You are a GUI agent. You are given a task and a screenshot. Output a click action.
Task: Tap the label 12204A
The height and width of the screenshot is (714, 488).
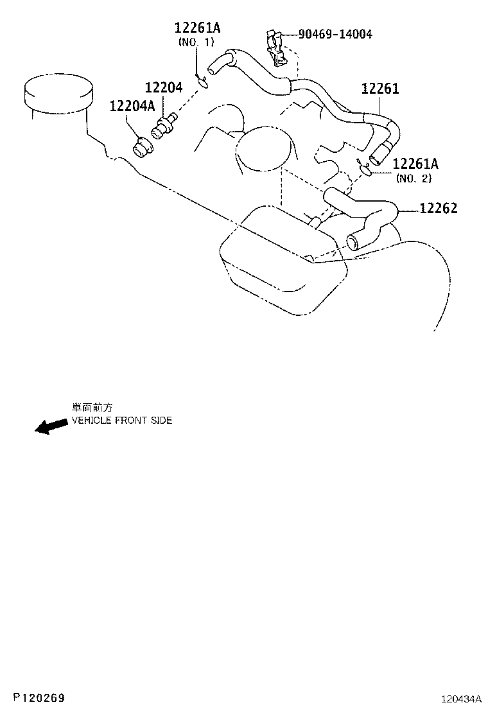click(x=132, y=106)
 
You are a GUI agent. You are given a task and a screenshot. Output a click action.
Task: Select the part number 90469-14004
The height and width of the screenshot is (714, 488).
click(x=335, y=34)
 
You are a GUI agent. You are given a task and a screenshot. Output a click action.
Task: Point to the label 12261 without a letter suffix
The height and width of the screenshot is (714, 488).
click(x=380, y=88)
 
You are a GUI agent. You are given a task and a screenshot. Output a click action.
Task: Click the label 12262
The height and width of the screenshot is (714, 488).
click(x=439, y=208)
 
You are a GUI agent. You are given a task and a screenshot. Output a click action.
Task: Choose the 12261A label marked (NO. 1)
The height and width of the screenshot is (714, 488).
click(x=198, y=28)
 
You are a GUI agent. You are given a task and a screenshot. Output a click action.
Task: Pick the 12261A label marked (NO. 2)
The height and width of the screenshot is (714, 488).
click(x=415, y=164)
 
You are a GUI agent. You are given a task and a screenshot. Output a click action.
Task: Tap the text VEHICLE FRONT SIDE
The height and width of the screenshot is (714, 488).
click(x=122, y=421)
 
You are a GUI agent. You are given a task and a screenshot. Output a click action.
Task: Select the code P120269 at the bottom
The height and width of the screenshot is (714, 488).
click(x=39, y=697)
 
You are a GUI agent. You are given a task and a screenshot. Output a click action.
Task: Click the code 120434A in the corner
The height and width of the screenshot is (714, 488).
click(x=460, y=699)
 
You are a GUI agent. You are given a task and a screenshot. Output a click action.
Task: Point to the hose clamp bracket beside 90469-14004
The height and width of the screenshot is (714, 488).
click(x=275, y=47)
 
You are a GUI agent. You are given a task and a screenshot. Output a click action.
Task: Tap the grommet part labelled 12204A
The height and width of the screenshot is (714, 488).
click(x=143, y=147)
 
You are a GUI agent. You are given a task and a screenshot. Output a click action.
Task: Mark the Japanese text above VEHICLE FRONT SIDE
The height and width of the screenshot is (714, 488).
click(x=92, y=408)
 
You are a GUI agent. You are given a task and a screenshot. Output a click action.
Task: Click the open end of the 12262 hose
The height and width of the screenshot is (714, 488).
click(x=354, y=241)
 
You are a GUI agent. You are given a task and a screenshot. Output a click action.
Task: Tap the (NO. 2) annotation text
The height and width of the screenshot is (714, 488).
click(x=414, y=178)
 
